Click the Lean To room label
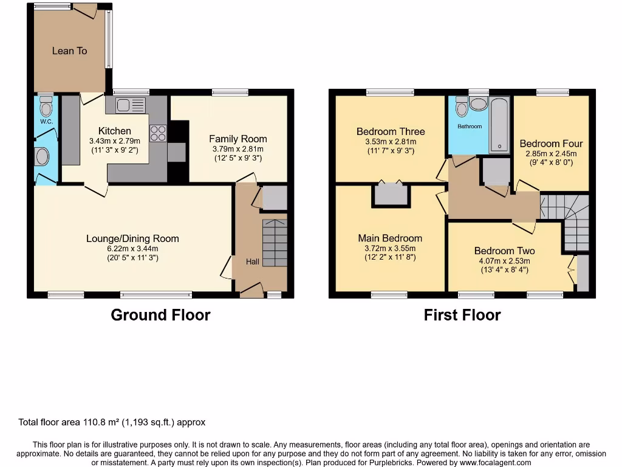point(69,50)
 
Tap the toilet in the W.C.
point(46,108)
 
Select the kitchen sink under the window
point(128,105)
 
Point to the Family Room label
point(238,139)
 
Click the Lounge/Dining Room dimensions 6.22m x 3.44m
point(132,248)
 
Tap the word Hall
point(253,261)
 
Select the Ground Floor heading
point(160,315)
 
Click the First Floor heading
point(462,315)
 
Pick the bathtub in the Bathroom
point(500,125)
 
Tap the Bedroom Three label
point(391,131)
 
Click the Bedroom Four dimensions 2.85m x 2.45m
point(550,154)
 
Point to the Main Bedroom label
point(390,238)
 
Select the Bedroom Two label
point(504,251)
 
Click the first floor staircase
point(573,222)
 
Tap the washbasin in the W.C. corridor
point(43,157)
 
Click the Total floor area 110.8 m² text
point(112,422)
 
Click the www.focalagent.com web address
point(496,463)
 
